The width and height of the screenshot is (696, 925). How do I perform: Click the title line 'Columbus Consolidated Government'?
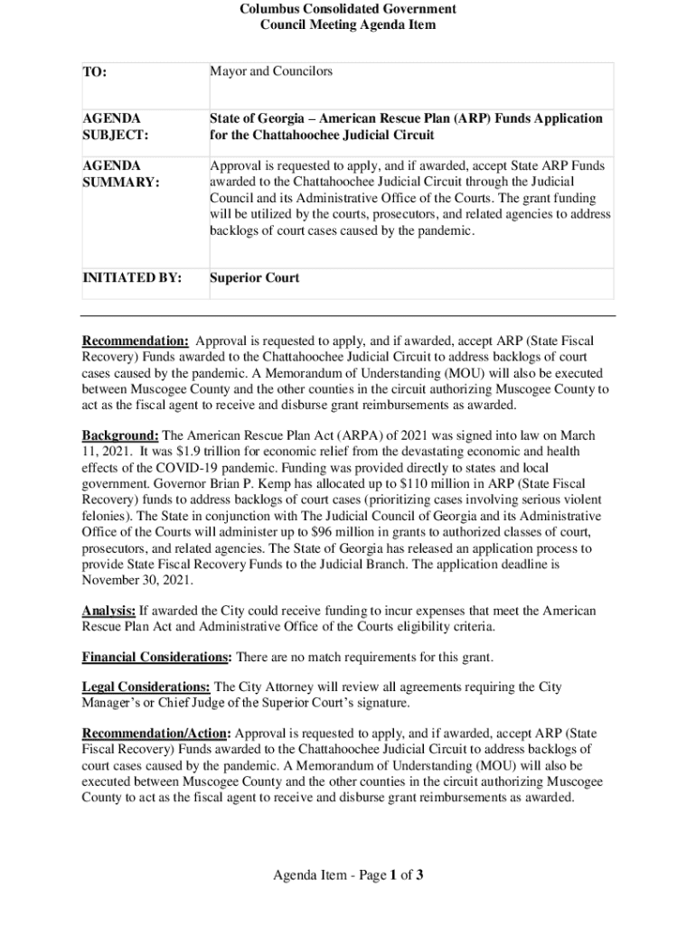tap(348, 9)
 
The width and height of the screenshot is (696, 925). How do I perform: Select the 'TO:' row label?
tap(94, 72)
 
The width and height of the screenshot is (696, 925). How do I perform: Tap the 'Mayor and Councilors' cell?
tap(271, 71)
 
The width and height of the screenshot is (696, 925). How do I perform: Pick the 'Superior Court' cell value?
tap(255, 278)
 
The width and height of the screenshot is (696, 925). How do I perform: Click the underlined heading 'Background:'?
tap(119, 435)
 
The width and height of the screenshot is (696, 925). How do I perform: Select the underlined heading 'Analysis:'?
tap(108, 612)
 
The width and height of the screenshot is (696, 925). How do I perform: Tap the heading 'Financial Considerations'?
tap(155, 656)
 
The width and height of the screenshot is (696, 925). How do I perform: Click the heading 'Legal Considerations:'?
tap(146, 687)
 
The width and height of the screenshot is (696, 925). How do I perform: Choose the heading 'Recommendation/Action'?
tap(155, 733)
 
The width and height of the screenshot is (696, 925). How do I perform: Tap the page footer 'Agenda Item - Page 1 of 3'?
tap(348, 874)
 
